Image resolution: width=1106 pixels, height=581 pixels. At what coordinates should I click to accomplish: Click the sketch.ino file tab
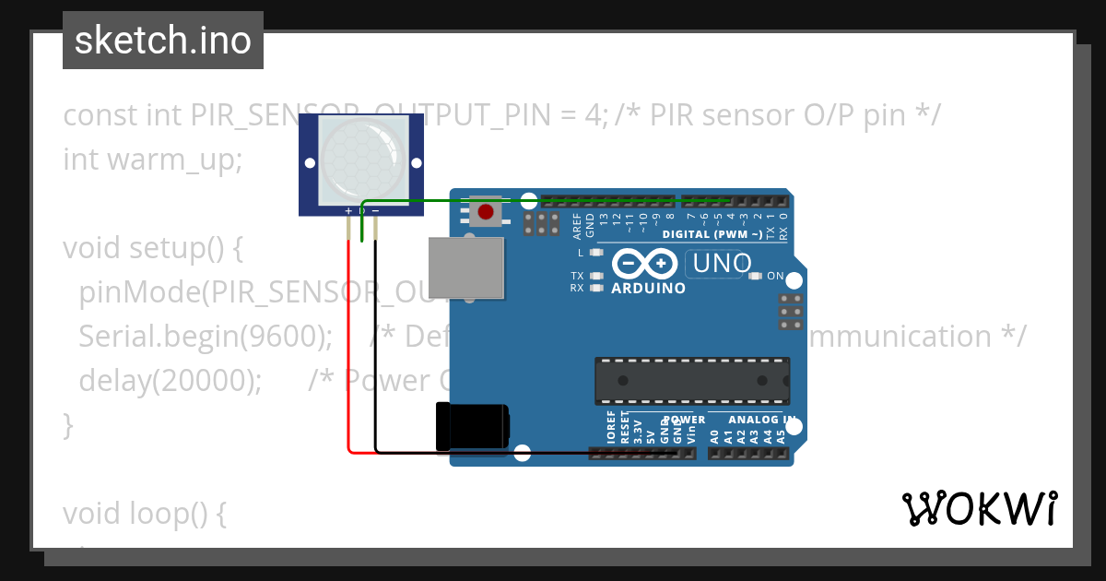click(x=163, y=41)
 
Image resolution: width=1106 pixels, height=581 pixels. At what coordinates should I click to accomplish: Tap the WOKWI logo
click(x=978, y=509)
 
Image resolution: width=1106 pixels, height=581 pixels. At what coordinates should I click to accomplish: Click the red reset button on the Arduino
click(x=486, y=212)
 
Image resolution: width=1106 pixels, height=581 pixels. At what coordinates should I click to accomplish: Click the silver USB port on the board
click(x=466, y=267)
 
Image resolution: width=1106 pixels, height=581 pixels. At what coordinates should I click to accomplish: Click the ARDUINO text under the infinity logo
click(x=649, y=288)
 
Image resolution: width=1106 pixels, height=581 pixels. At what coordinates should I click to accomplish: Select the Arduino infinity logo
click(x=645, y=265)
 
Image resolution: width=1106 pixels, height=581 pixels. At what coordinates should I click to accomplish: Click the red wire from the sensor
click(x=348, y=369)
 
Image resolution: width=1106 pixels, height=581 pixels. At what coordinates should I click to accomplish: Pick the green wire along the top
click(x=553, y=199)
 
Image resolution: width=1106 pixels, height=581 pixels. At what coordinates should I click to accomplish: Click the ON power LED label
click(x=775, y=276)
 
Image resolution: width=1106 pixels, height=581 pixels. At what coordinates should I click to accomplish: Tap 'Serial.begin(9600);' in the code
click(x=206, y=337)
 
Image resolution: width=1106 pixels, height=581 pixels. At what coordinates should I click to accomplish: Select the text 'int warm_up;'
click(x=152, y=160)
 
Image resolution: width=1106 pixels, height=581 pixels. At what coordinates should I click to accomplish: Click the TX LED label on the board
click(x=577, y=276)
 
